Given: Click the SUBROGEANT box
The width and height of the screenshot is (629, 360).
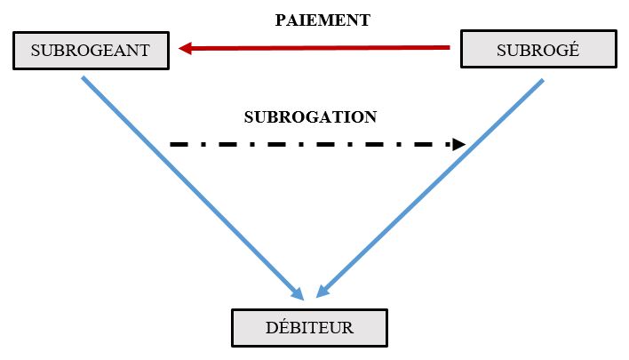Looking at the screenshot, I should click(90, 51).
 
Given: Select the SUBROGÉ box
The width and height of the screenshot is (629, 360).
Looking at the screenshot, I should click(537, 50).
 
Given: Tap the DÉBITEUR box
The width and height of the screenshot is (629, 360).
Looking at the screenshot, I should click(309, 328).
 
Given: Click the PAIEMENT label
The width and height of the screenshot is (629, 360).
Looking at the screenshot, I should click(322, 20).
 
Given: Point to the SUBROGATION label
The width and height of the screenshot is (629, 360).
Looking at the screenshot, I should click(310, 117).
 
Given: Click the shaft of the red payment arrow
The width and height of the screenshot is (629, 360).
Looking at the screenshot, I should click(320, 47).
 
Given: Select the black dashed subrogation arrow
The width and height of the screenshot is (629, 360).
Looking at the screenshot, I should click(311, 143).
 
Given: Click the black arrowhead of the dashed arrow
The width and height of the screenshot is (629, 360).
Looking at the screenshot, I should click(458, 143).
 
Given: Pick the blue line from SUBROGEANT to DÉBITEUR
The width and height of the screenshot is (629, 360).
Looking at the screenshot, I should click(187, 182).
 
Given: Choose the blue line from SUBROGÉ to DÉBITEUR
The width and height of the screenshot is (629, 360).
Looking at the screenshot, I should click(435, 182).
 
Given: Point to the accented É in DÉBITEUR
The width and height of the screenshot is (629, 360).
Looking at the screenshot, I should click(282, 327).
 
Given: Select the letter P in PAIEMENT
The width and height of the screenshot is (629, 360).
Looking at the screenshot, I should click(281, 20).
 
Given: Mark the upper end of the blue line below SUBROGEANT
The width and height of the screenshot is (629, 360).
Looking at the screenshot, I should click(84, 78).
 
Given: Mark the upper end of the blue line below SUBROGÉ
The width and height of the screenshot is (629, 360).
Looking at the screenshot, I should click(541, 81).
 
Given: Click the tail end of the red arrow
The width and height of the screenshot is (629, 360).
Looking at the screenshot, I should click(448, 46).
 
